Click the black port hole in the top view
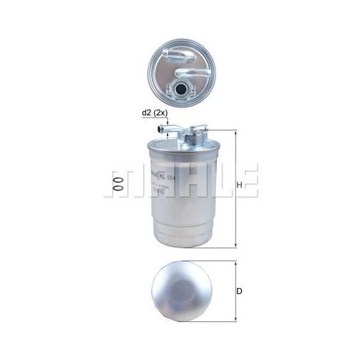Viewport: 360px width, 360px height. [181, 89]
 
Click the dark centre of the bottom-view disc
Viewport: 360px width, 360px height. [180, 292]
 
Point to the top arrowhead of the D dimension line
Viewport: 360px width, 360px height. [235, 264]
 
